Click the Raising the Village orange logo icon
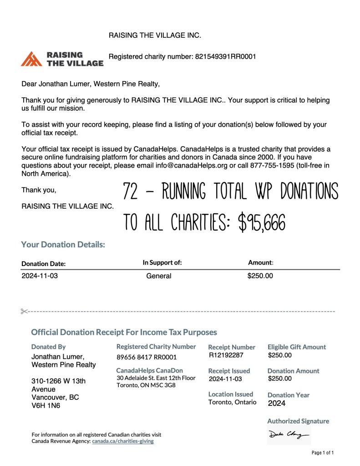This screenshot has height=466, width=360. pyautogui.click(x=32, y=59)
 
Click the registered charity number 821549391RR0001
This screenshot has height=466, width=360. pyautogui.click(x=225, y=57)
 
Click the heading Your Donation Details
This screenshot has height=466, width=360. pyautogui.click(x=63, y=245)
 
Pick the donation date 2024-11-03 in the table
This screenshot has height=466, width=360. pyautogui.click(x=40, y=276)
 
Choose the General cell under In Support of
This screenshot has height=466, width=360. pyautogui.click(x=158, y=276)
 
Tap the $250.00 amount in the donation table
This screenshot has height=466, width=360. pyautogui.click(x=260, y=276)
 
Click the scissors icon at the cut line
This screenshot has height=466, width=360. pyautogui.click(x=24, y=311)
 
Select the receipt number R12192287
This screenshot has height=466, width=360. pyautogui.click(x=226, y=355)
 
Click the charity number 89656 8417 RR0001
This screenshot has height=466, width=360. pyautogui.click(x=147, y=357)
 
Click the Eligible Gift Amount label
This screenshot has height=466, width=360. pyautogui.click(x=297, y=347)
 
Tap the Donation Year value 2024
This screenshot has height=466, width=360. pyautogui.click(x=277, y=403)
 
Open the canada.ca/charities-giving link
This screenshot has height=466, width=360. pyautogui.click(x=123, y=441)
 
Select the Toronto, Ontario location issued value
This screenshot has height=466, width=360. pyautogui.click(x=232, y=402)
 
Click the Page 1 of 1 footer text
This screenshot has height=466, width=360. pyautogui.click(x=323, y=453)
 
